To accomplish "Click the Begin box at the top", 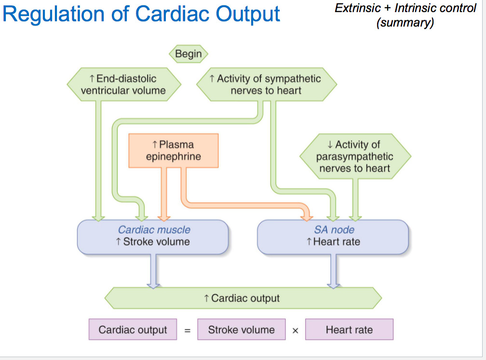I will pos(188,54).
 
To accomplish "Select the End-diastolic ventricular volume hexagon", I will pos(123,84).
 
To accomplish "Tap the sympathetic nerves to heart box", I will pos(266,84).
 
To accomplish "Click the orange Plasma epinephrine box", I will pos(173,151).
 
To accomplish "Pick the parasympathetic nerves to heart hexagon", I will pos(355,156).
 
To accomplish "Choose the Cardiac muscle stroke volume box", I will pos(153,236).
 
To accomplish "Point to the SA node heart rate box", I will pos(333,236).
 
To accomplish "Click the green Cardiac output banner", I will pos(243,298).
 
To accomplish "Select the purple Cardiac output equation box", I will pos(133,330).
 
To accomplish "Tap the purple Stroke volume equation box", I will pos(241,330).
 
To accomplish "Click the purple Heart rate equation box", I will pos(349,330).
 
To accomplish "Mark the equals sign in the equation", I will pos(188,331).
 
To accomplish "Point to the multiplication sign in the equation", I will pos(295,331).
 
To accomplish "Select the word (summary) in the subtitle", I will pos(405,23).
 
